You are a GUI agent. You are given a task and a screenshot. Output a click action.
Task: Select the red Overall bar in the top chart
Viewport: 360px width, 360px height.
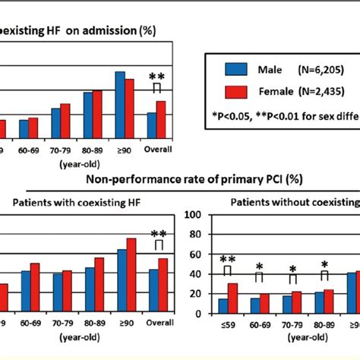(x=161, y=119)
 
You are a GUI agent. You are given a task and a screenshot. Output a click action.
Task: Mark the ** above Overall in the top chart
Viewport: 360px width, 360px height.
(x=156, y=77)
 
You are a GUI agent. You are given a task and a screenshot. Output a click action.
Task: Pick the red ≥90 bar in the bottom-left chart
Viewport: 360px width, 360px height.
(x=131, y=276)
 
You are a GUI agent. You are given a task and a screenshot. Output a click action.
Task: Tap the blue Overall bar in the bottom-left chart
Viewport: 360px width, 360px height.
(x=154, y=291)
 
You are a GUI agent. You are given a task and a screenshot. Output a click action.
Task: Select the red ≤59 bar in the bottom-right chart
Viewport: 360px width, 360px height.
(x=232, y=298)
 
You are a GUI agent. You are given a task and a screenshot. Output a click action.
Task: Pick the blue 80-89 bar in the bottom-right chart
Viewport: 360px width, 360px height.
(x=319, y=302)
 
